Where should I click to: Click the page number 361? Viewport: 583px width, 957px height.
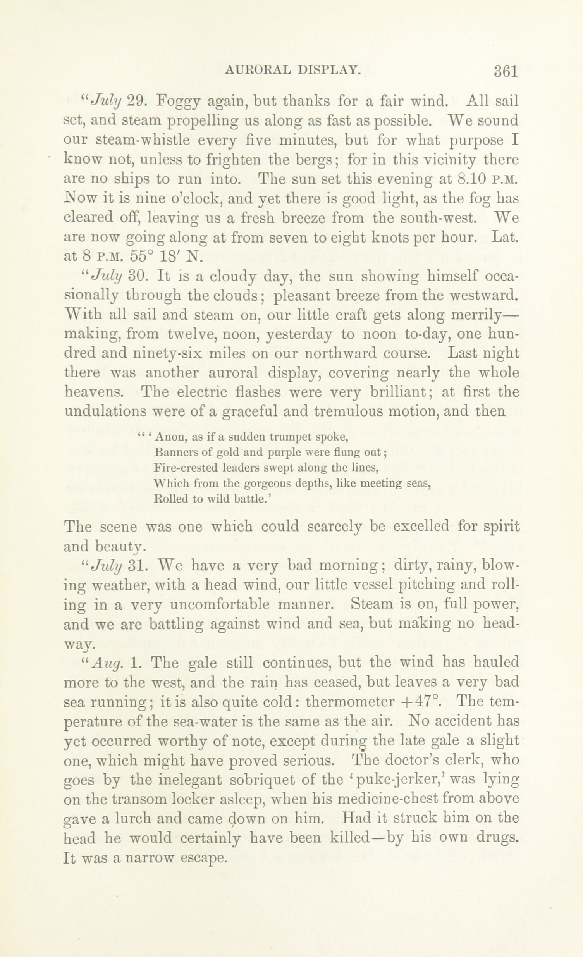pos(506,71)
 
